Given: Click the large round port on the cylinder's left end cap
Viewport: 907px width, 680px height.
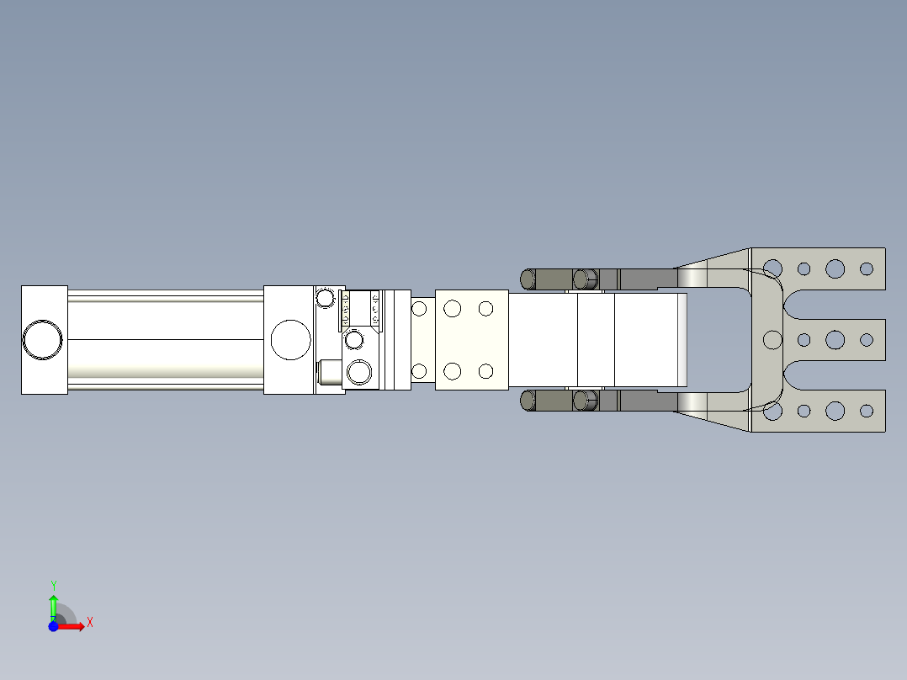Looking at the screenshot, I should [43, 339].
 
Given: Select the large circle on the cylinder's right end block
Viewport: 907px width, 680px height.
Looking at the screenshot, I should [291, 339].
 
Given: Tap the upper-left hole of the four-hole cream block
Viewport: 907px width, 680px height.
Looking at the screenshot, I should [453, 309].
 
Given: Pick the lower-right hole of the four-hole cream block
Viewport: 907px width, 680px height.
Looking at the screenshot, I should [485, 371].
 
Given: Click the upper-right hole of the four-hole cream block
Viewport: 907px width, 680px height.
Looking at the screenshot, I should [485, 309].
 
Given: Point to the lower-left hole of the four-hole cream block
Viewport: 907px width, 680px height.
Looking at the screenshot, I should [453, 371].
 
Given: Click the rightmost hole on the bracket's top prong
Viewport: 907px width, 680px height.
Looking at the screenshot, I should [867, 269].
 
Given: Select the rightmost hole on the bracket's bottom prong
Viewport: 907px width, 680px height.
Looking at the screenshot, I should [867, 411].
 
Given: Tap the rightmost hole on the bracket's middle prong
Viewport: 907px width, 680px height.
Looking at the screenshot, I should [867, 340].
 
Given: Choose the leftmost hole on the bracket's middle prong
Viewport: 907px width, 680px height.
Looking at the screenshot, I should [772, 340].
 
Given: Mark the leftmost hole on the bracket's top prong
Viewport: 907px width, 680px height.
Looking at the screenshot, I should [772, 269].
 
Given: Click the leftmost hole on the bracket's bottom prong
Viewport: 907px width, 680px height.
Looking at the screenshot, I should [772, 411].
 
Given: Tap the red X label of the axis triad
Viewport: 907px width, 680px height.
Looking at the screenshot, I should [90, 623].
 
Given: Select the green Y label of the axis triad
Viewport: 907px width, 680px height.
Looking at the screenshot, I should [53, 585].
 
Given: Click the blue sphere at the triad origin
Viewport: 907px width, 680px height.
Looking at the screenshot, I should [53, 626].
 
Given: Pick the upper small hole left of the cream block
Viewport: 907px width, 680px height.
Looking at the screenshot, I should [419, 309].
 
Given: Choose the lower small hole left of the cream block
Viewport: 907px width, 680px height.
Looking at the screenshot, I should [419, 371].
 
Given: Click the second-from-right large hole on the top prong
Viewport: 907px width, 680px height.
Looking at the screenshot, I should [835, 269].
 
